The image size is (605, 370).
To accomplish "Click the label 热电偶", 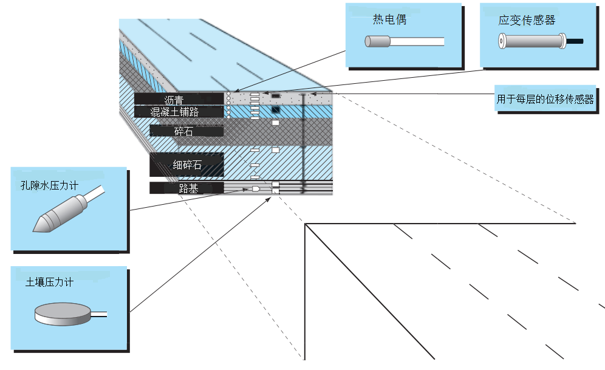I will click(389, 19).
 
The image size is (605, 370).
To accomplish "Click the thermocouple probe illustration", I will click(404, 42).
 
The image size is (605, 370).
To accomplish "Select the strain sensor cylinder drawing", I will click(531, 42).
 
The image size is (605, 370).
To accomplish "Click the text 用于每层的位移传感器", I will click(545, 99).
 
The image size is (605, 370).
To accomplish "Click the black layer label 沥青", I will click(174, 100).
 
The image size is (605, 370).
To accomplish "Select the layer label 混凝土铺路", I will click(175, 112).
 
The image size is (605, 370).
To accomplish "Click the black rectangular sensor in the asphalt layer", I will click(275, 95).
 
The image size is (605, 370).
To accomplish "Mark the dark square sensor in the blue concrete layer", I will click(276, 110).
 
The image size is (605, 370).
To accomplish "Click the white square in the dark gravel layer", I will click(275, 123).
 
